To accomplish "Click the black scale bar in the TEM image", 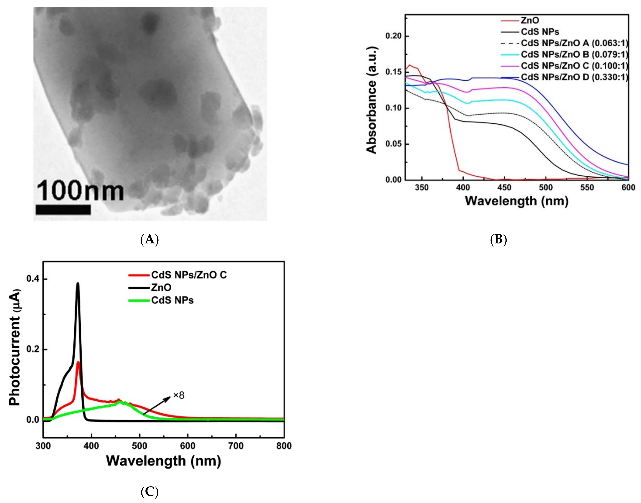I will click(x=63, y=209).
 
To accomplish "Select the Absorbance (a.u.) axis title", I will click(x=372, y=100).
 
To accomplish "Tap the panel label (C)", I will click(x=150, y=491).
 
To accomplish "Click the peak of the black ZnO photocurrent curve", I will click(x=78, y=283).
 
